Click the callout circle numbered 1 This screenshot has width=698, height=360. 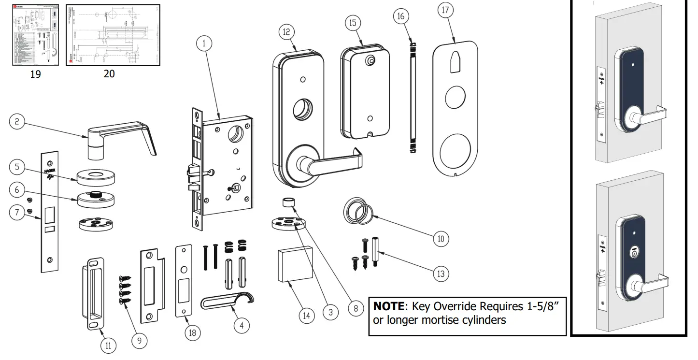[x=204, y=43]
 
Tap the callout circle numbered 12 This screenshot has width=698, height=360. [x=286, y=31]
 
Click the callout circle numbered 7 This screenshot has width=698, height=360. [x=17, y=213]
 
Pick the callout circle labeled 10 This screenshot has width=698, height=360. [x=441, y=238]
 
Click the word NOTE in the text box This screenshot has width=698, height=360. [x=388, y=307]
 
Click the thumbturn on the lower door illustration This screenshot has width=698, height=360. [x=633, y=253]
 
